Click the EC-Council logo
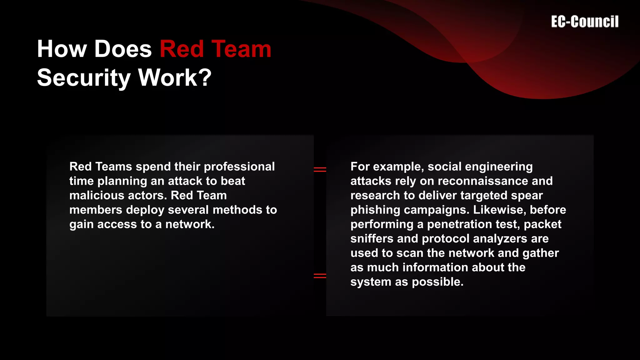tap(585, 22)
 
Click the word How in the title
tap(62, 49)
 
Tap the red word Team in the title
tap(241, 49)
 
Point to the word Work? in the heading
tap(175, 78)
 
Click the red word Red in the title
tap(182, 49)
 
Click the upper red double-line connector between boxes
tap(320, 169)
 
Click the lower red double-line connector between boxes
tap(320, 276)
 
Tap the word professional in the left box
tap(239, 167)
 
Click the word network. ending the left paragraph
tap(190, 224)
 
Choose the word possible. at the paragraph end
tap(437, 282)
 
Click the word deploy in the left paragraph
tap(145, 210)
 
